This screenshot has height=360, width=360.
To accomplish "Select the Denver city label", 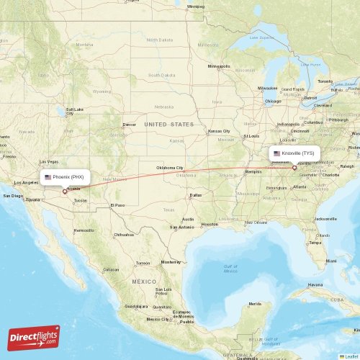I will (129, 125).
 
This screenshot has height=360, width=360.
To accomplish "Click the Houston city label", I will (210, 224).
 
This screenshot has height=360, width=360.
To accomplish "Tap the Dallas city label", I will (195, 195).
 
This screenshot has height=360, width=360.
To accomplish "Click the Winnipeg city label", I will (195, 7).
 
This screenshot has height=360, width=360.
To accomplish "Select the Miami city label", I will (330, 260).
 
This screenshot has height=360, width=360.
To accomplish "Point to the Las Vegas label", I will (48, 161).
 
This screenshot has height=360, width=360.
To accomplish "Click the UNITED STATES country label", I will (169, 125).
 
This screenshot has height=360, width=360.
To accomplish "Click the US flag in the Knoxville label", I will (276, 153).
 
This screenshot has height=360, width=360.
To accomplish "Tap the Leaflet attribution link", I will (351, 356).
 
